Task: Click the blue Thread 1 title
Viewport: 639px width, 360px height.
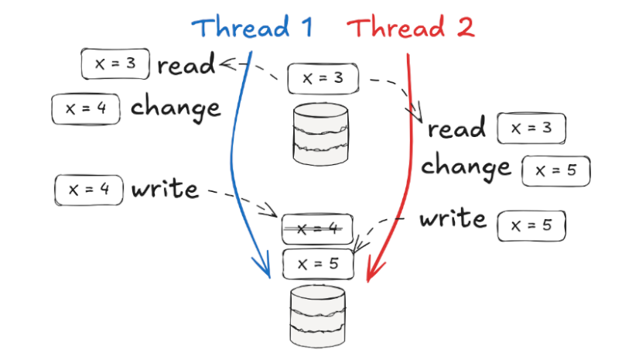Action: (252, 29)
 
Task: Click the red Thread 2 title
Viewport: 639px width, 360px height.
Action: (410, 29)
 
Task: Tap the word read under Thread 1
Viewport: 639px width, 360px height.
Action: (186, 66)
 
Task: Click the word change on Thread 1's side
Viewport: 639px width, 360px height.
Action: (176, 108)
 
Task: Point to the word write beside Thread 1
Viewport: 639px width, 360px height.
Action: (165, 188)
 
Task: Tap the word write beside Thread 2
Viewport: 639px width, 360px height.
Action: (453, 220)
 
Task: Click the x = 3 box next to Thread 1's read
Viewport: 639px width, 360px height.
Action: (115, 64)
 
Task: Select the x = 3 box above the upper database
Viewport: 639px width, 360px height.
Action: (323, 78)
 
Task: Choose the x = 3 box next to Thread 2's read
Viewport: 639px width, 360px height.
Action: (531, 129)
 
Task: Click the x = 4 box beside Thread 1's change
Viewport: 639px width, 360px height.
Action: (86, 108)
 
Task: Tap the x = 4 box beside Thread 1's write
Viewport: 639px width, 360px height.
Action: (90, 190)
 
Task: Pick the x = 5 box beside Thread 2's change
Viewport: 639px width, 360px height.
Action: (556, 170)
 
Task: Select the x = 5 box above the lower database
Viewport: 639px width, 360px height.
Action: (318, 263)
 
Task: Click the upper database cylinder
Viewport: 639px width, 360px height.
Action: (320, 134)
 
